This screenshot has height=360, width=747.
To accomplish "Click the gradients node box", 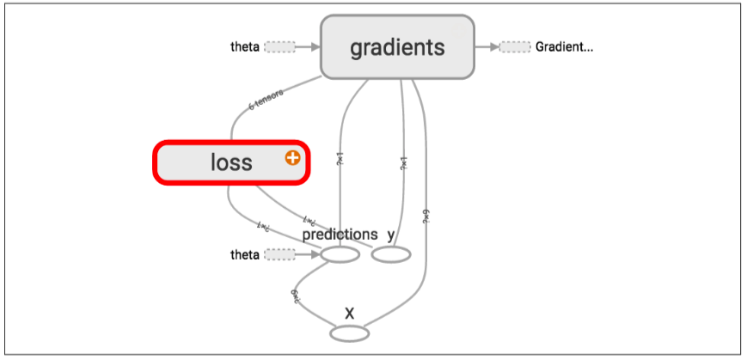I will tap(397, 47).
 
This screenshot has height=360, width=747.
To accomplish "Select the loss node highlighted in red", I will tap(230, 162).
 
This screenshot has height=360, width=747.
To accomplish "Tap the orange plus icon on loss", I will tap(292, 158).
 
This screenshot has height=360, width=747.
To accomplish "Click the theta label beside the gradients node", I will tap(245, 47).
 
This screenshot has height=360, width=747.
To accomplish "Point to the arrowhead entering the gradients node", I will tap(315, 47).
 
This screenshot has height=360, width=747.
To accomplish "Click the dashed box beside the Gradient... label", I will tap(515, 47).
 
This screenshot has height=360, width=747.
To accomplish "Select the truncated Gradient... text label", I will tap(564, 47).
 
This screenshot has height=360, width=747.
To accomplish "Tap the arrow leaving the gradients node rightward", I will tap(487, 47).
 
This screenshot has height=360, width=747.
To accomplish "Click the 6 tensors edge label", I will tap(266, 101).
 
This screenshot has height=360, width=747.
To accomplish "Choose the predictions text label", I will tap(340, 234).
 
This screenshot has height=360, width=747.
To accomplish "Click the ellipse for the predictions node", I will tap(340, 254).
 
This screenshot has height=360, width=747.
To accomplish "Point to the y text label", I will tap(391, 234).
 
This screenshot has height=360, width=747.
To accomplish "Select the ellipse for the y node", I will tap(391, 254).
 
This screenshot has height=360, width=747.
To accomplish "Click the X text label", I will tap(349, 312).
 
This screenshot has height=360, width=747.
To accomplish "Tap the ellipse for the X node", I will tap(349, 332).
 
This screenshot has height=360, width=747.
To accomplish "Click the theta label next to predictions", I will tap(245, 254).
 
